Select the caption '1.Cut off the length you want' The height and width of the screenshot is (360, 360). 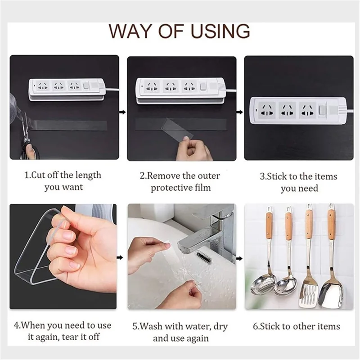[x=63, y=180]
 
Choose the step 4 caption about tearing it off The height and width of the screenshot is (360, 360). [x=63, y=330]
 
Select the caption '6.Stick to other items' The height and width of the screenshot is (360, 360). [x=299, y=326]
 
